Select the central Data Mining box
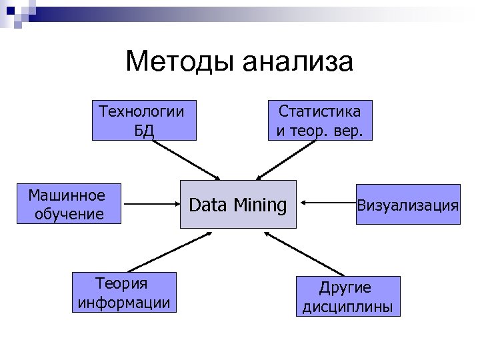click(238, 204)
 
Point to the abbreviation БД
click(144, 130)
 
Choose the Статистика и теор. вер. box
click(320, 120)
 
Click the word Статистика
click(320, 111)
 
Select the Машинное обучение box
click(69, 204)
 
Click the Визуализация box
click(407, 204)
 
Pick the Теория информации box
click(123, 293)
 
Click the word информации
click(123, 303)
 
